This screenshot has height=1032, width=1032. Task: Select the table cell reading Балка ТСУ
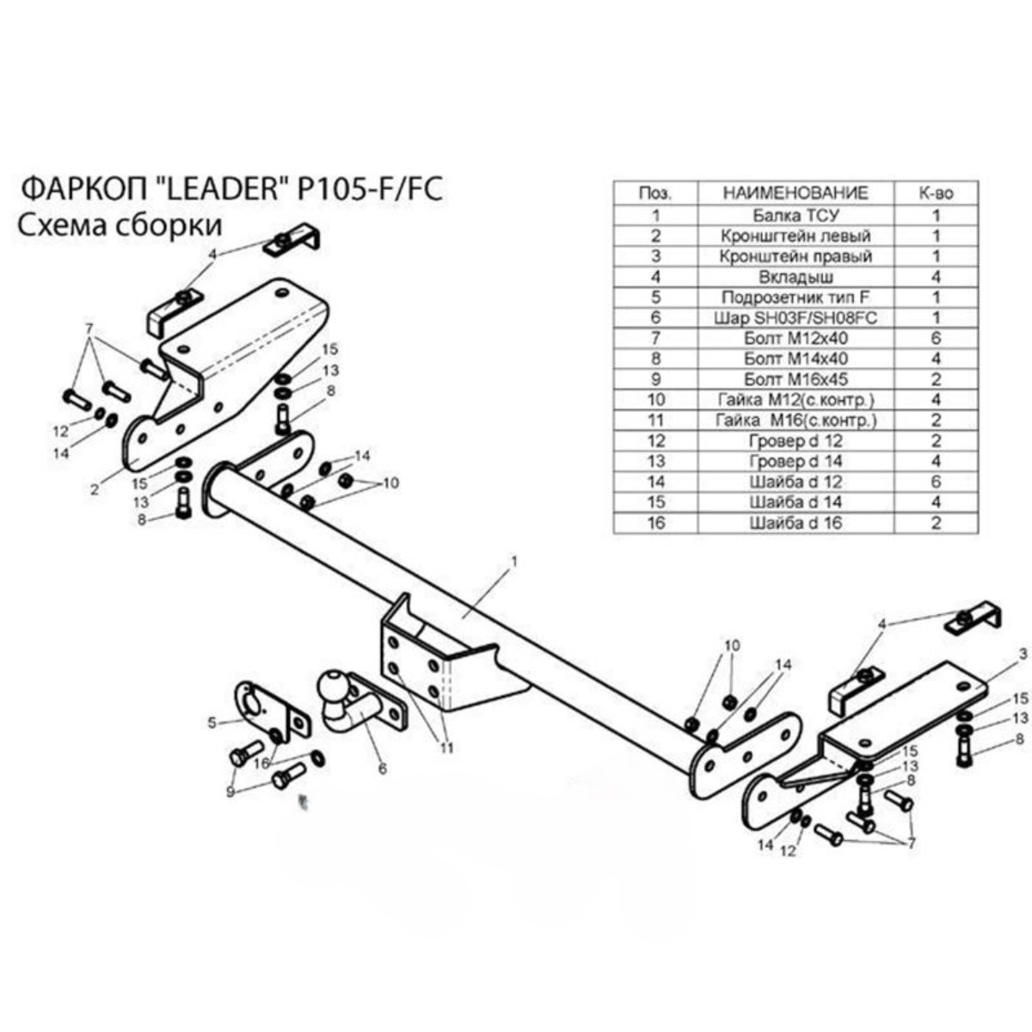click(795, 215)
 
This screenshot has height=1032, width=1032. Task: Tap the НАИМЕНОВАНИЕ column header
click(795, 193)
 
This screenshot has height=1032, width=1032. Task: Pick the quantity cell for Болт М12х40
click(936, 338)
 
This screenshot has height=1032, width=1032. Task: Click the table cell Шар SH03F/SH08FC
click(795, 317)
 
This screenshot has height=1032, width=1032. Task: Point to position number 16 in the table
click(656, 522)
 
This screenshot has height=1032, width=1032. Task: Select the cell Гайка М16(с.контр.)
click(795, 421)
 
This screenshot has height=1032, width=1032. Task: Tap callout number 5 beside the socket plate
click(212, 722)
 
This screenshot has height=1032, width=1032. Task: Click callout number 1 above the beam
click(514, 562)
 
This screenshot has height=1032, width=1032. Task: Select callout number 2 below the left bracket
click(95, 489)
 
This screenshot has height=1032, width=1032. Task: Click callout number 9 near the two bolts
click(230, 791)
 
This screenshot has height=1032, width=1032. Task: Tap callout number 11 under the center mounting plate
click(446, 747)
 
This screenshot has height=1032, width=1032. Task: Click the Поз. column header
click(655, 193)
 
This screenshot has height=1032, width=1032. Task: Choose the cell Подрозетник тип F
click(795, 297)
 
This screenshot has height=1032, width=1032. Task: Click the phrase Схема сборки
click(120, 225)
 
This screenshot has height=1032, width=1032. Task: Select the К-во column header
click(937, 193)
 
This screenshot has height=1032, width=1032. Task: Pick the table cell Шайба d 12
click(795, 482)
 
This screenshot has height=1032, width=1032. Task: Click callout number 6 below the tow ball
click(383, 769)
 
